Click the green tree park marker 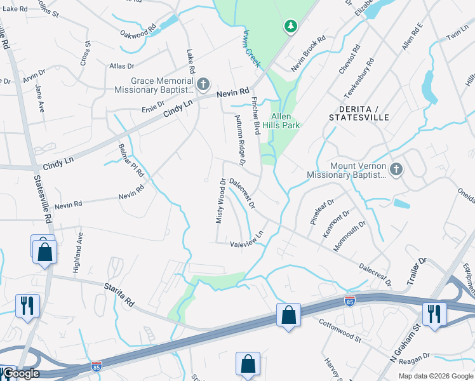tap(290, 26)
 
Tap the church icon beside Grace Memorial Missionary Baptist tap(203, 84)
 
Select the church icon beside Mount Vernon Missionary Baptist tap(396, 169)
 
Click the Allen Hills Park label tap(285, 121)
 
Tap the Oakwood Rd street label tap(138, 30)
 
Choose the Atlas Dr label tap(122, 65)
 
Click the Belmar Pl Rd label tap(131, 160)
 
